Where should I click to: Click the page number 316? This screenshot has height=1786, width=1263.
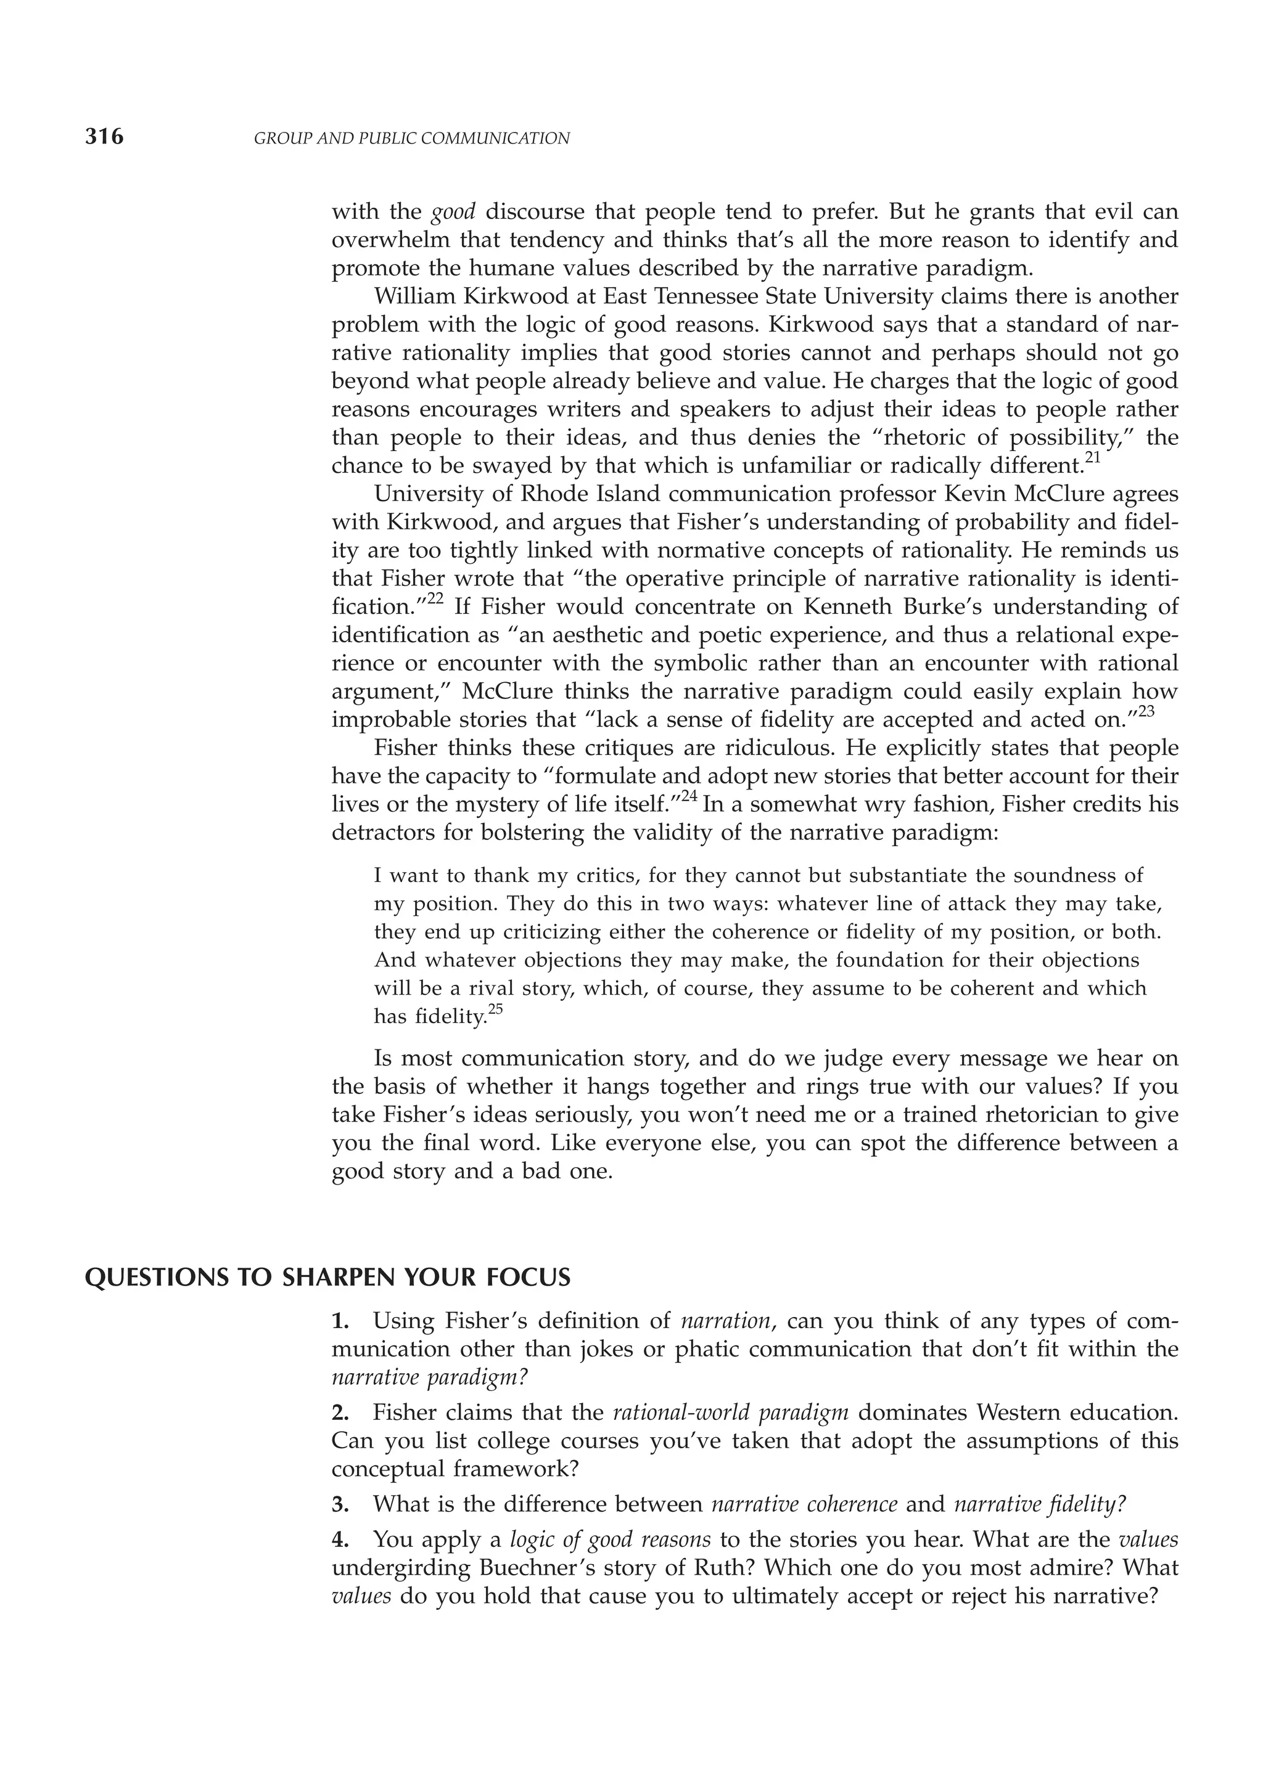tap(104, 137)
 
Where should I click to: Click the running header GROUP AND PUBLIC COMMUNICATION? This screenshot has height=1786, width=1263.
tap(412, 139)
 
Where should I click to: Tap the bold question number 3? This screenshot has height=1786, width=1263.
tap(339, 1505)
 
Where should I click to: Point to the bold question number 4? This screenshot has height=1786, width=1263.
tap(339, 1540)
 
